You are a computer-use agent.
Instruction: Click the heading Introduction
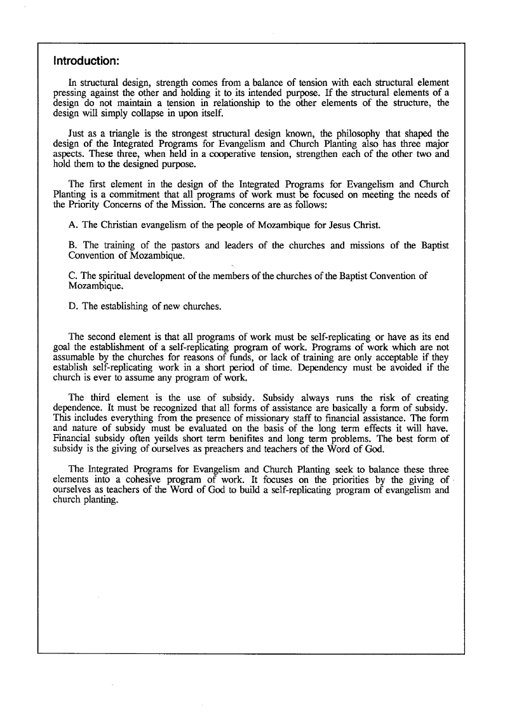click(86, 62)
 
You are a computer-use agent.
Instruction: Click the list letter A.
click(72, 224)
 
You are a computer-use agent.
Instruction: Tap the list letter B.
click(72, 245)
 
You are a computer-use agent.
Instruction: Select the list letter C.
click(72, 275)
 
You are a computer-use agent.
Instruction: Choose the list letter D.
click(72, 306)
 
